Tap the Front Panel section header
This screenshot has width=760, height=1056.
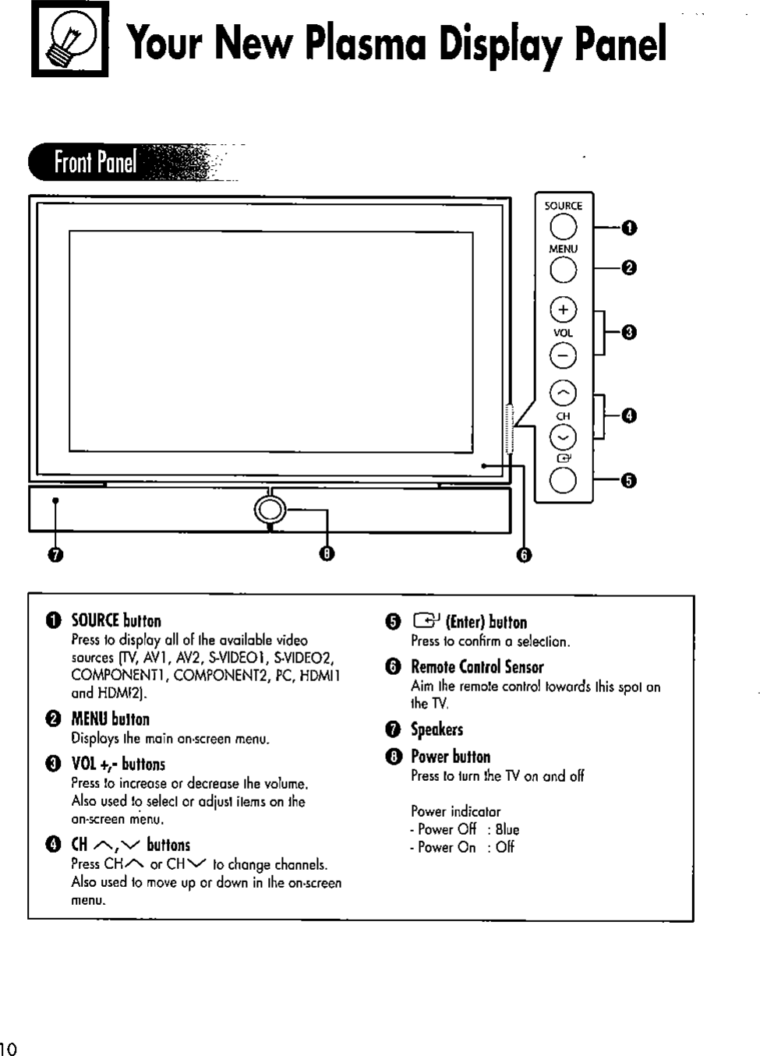click(95, 163)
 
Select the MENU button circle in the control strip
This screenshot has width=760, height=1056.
click(563, 270)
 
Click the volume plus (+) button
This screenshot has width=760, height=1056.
click(563, 310)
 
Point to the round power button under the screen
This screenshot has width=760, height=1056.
click(268, 510)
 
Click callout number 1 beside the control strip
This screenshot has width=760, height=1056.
click(629, 228)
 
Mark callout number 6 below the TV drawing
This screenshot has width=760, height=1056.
click(525, 555)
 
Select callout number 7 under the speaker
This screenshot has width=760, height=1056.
click(55, 555)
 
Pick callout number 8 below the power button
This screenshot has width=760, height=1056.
click(327, 554)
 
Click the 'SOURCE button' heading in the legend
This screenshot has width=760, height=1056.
click(116, 621)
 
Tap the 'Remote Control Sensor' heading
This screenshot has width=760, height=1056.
click(477, 667)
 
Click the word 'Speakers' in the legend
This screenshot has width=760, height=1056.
click(437, 729)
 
